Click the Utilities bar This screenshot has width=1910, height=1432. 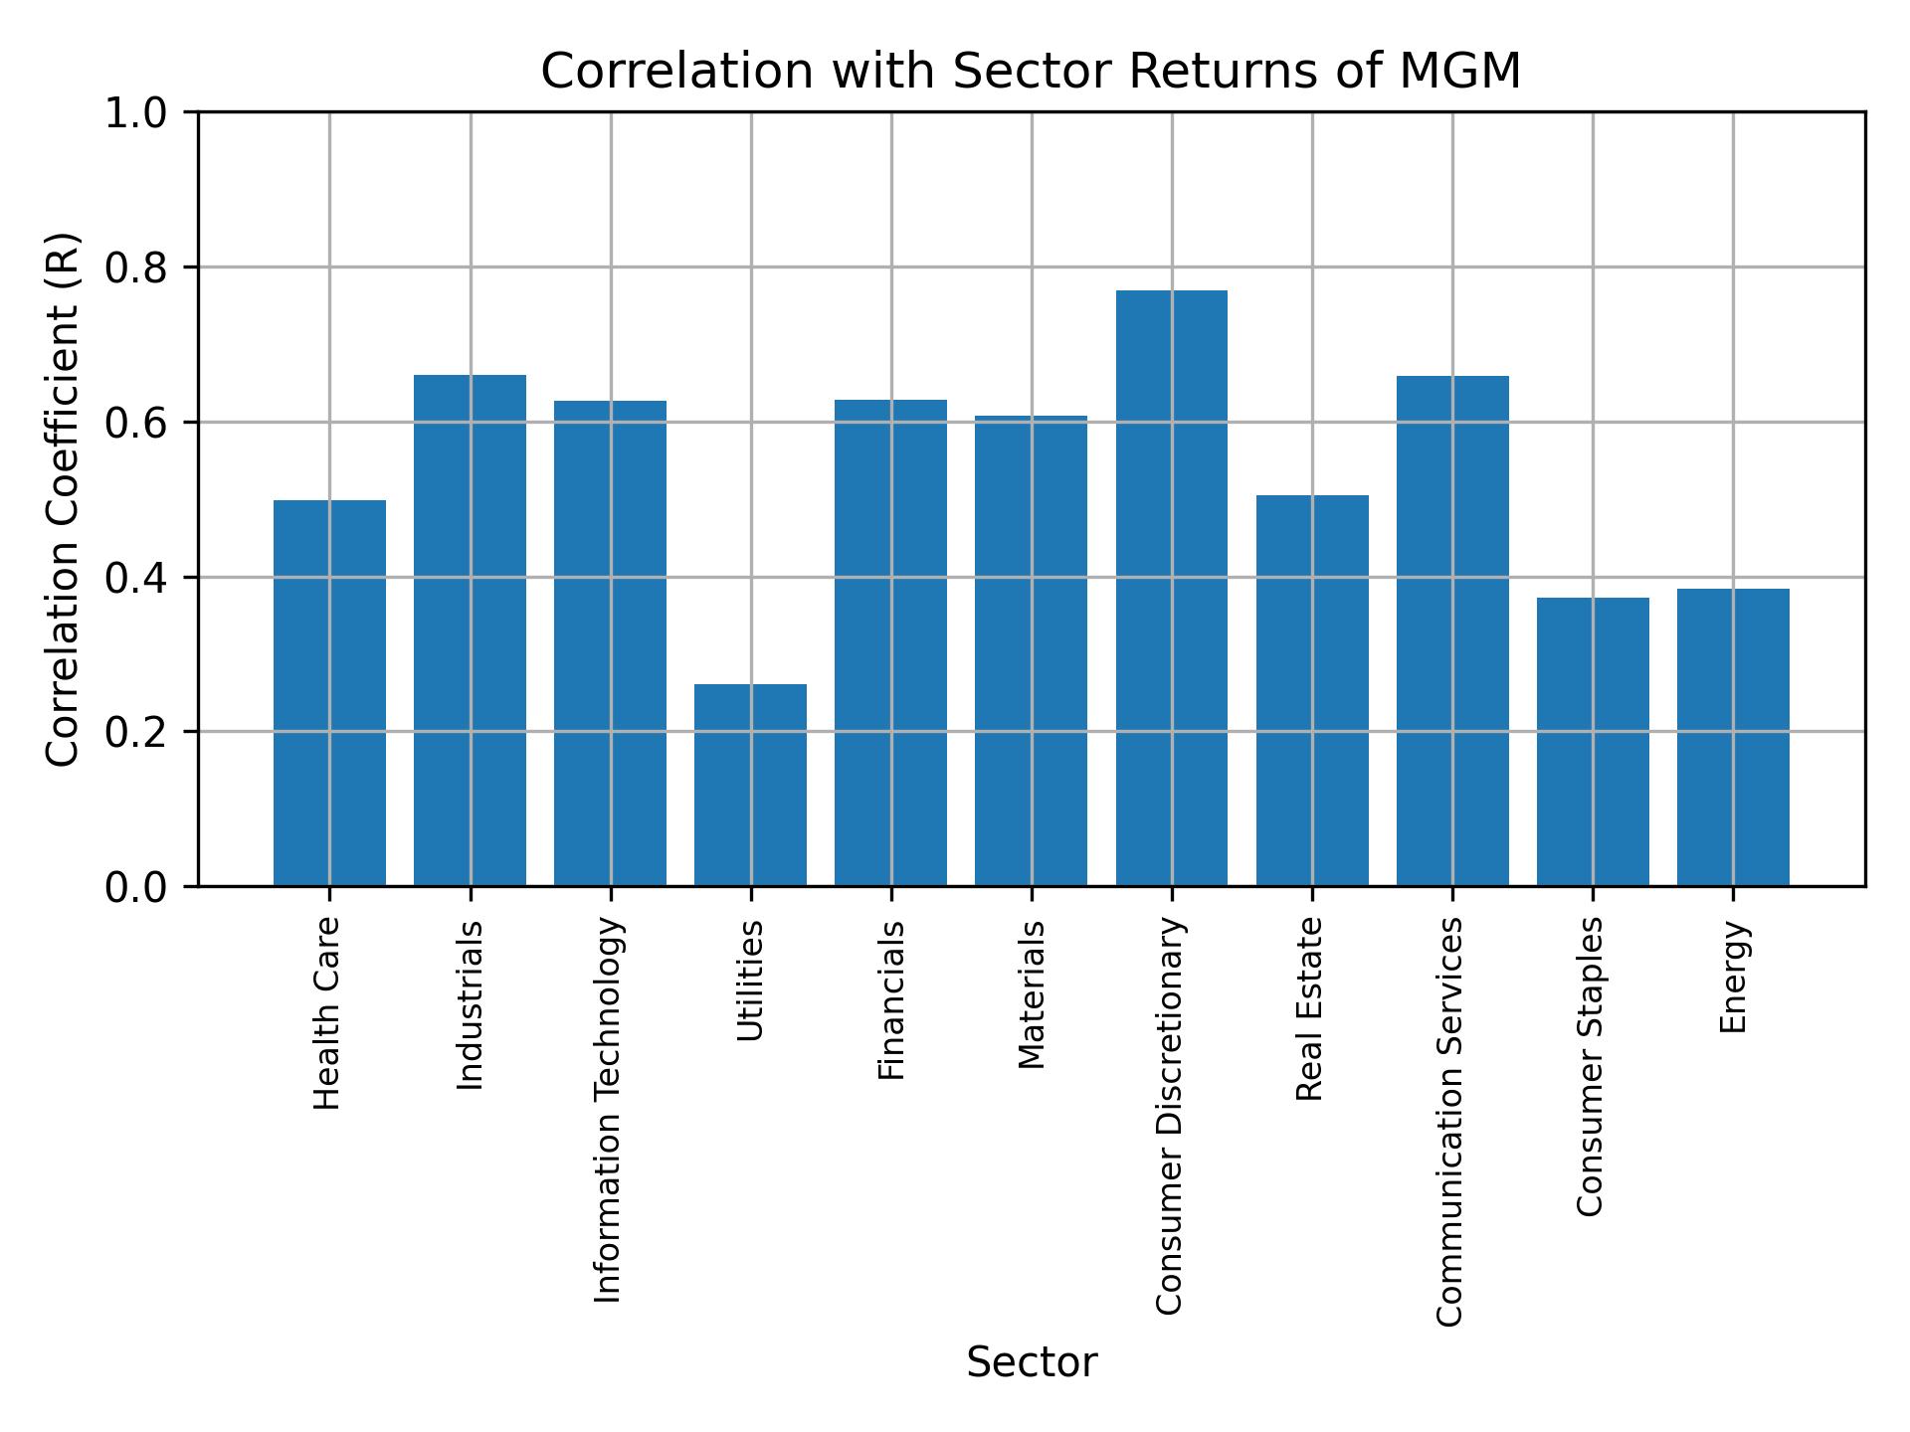pos(750,785)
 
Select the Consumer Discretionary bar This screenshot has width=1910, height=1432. pos(1171,588)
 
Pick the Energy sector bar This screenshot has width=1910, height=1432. pos(1732,737)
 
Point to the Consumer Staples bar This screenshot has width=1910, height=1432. pos(1592,741)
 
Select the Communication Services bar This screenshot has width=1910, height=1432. pos(1451,630)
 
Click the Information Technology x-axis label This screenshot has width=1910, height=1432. pos(609,1109)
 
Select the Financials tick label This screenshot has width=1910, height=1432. pos(891,999)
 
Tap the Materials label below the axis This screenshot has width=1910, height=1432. pos(1032,994)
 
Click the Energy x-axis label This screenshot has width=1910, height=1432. pos(1733,977)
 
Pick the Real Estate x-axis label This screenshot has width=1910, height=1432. pos(1311,1009)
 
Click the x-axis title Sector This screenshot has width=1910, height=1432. pos(1032,1362)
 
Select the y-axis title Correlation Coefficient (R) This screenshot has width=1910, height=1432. pos(63,499)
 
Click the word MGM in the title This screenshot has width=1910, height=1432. pos(1459,72)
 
